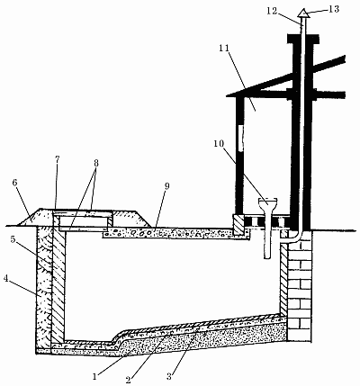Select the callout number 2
[129, 380]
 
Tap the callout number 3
[169, 376]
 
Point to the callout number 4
[5, 278]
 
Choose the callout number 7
[57, 159]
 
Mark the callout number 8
[96, 163]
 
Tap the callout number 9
[166, 186]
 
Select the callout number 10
[219, 144]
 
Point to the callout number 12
[272, 11]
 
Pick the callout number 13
[334, 9]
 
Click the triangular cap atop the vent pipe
[303, 13]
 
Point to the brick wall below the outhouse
[299, 285]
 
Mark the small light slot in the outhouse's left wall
[240, 138]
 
